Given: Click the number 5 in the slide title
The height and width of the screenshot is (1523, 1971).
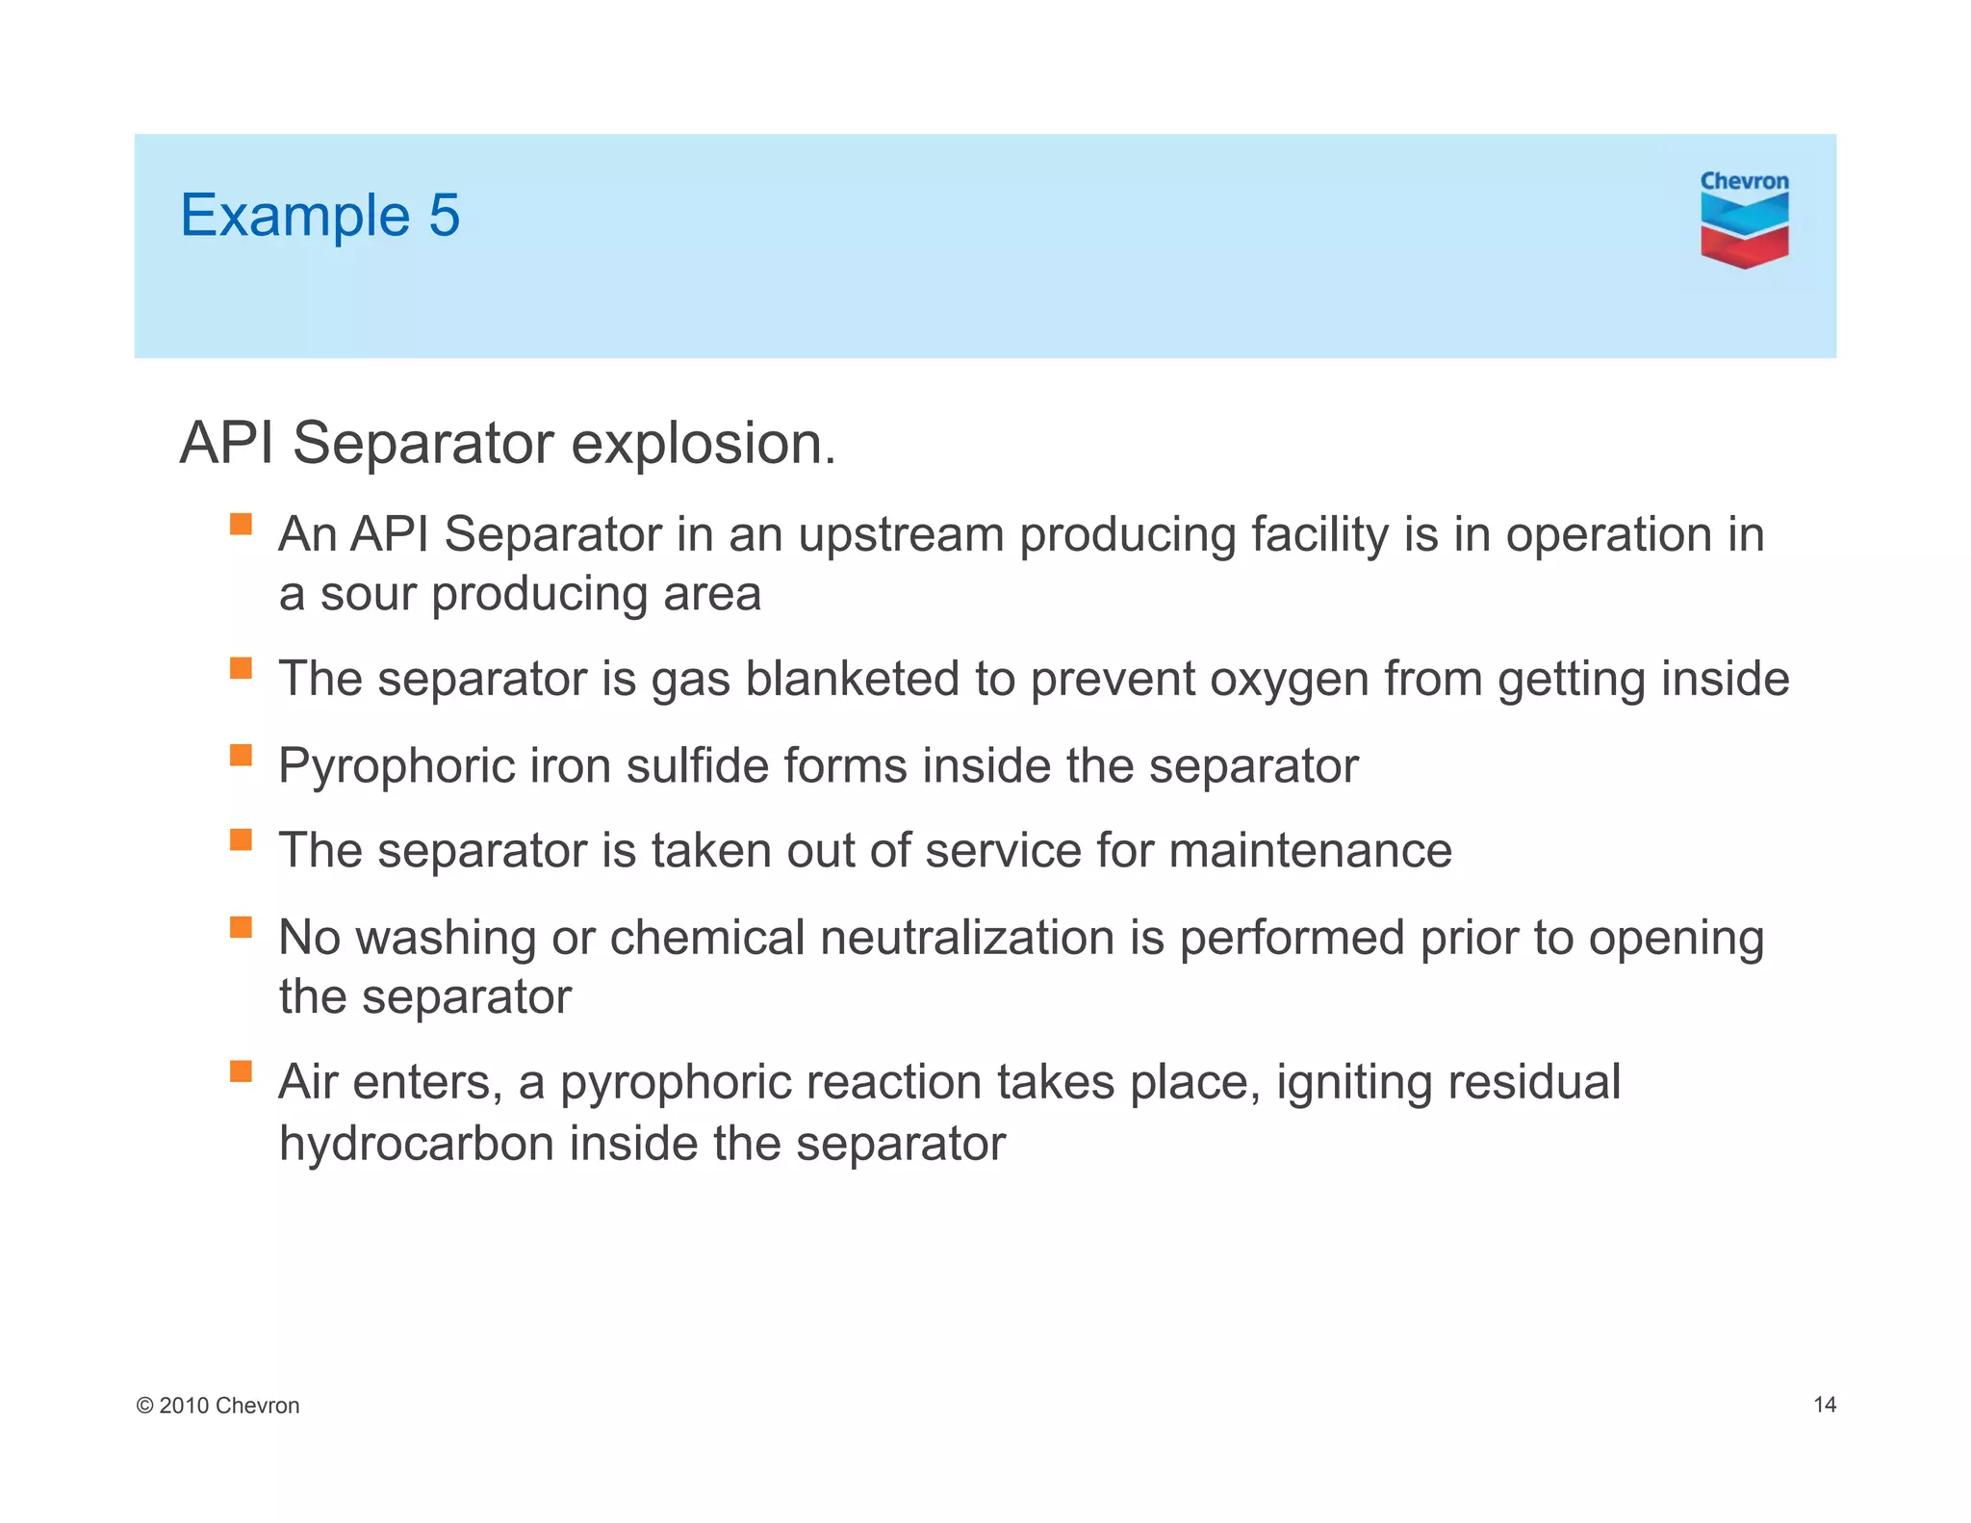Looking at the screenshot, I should pos(444,215).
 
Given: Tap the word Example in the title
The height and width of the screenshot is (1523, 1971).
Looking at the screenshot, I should pos(294,217).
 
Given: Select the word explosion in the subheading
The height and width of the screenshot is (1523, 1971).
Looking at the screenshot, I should pos(704,444).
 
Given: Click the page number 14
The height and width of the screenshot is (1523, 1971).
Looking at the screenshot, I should pos(1824,1405).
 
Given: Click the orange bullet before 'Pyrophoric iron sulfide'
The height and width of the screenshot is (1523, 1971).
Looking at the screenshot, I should pos(241,755).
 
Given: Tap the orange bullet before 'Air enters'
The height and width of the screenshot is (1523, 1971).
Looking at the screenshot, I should pos(241,1071).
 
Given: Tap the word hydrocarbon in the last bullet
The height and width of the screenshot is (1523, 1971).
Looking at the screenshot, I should pos(416,1145).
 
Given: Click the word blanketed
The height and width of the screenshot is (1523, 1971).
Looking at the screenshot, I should pos(852,679).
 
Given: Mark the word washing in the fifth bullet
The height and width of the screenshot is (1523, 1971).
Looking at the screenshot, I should pos(446,939).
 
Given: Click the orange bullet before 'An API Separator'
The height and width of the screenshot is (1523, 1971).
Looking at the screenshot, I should pos(241,525).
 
